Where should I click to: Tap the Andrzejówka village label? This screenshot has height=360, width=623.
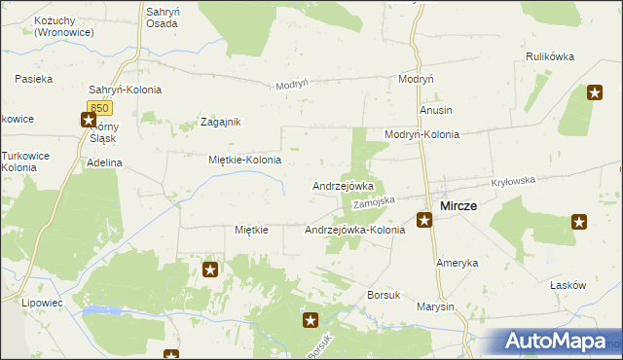[343, 185]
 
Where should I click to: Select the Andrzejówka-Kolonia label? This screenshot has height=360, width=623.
[354, 230]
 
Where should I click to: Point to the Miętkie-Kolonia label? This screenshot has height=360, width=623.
[245, 160]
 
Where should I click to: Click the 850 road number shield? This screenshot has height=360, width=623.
[97, 106]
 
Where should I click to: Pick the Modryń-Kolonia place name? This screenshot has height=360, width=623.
[421, 134]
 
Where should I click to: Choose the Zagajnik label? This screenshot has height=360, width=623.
[220, 122]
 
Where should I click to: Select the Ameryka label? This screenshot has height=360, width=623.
[457, 264]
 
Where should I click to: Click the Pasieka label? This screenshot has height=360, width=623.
[34, 78]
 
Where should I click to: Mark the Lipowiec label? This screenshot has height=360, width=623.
[41, 303]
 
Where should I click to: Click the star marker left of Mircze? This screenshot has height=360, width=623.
[424, 220]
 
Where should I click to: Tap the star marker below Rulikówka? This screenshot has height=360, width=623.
[595, 92]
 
